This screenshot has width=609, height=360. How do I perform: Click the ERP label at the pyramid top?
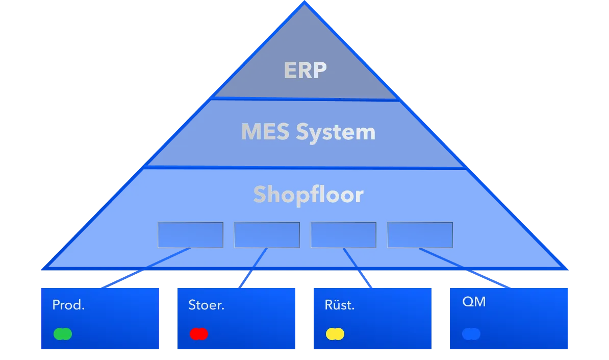(305, 70)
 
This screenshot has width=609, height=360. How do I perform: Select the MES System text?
(308, 132)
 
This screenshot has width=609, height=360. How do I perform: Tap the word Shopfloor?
(308, 195)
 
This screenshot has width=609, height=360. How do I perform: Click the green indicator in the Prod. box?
(63, 334)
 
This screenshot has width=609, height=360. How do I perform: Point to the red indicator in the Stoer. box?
(198, 334)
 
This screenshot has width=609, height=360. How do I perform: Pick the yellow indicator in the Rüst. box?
(335, 334)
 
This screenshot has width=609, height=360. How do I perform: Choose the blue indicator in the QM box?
(471, 334)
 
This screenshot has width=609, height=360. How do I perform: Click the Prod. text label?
(68, 305)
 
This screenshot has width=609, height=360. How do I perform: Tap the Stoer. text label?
(207, 305)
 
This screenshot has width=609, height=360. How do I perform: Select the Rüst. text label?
(340, 305)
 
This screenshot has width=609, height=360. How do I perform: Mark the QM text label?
(474, 302)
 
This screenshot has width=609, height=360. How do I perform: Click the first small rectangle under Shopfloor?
(190, 235)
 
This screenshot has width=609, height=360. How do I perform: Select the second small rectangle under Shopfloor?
(267, 235)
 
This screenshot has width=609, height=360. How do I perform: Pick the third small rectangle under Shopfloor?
(343, 235)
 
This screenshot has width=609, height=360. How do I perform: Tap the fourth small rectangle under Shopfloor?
(420, 235)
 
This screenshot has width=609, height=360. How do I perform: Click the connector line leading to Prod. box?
(138, 271)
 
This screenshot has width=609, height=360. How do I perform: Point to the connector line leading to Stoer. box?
(250, 272)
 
